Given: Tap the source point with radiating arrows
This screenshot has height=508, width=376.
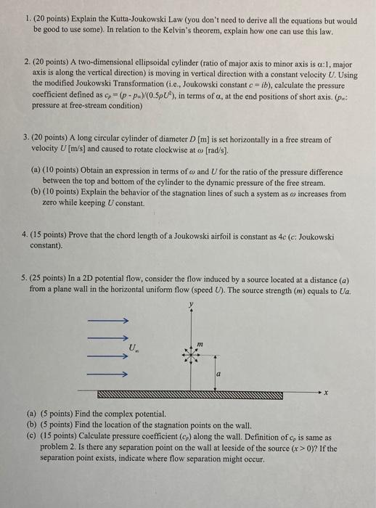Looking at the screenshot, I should click(192, 356).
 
